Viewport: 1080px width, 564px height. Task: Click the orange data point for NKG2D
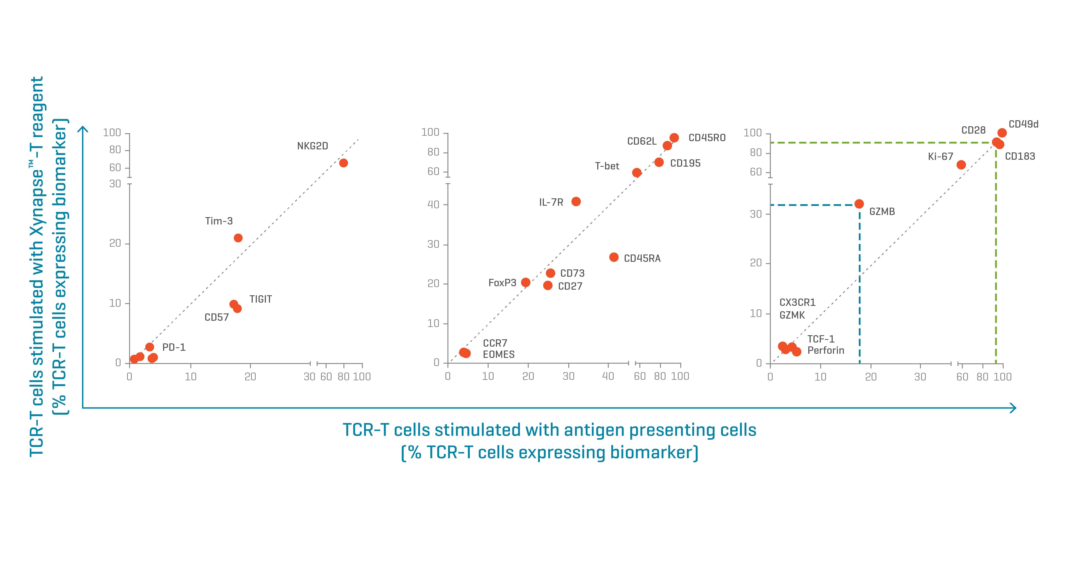click(343, 163)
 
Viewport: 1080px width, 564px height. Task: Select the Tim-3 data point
click(238, 238)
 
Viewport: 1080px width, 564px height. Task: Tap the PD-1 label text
click(174, 347)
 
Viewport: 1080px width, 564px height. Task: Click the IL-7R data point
click(576, 202)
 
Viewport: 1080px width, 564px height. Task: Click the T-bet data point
click(636, 173)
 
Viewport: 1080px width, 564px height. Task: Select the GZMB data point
click(859, 204)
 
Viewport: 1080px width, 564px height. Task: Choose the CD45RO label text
click(707, 138)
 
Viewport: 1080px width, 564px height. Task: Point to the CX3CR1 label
click(797, 303)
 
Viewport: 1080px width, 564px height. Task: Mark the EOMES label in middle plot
click(499, 354)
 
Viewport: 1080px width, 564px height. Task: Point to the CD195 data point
click(659, 162)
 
